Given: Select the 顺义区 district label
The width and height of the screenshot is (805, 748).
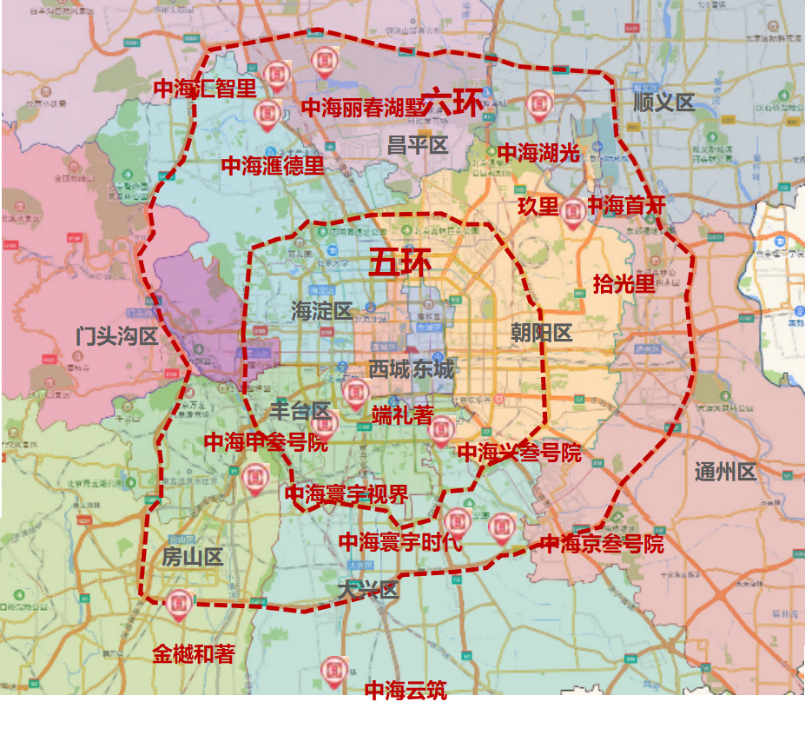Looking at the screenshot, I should point(663,103).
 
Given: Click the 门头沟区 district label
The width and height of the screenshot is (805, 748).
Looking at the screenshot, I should point(116,336).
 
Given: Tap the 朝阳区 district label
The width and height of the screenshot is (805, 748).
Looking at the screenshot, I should point(541,333).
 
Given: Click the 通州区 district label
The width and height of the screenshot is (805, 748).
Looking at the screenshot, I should point(726,473).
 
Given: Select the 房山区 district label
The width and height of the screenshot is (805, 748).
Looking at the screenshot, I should point(192,557).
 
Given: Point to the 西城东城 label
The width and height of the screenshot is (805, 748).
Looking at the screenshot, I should point(411,369).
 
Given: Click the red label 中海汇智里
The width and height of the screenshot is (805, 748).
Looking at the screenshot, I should point(204,89).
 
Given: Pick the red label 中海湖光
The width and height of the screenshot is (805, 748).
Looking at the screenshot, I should point(538,154).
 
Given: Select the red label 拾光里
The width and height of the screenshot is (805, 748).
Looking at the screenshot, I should point(624,283).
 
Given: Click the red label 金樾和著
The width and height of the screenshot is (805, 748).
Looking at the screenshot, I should point(194,654).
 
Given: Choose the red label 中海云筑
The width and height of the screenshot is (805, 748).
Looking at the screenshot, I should point(406,691).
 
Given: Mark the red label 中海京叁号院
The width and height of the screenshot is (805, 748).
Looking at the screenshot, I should point(602,544).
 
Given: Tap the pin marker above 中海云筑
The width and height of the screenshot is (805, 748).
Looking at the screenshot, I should point(334,670).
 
